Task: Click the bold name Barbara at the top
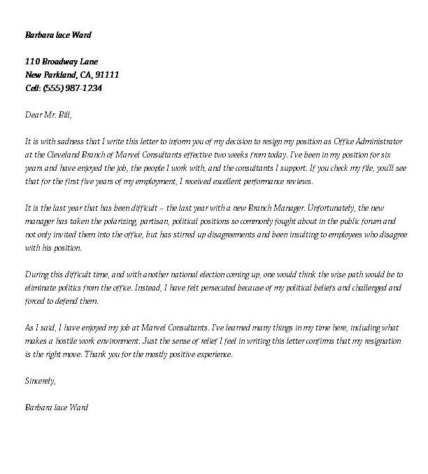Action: [40, 35]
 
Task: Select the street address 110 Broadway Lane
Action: [61, 62]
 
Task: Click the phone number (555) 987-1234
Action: [73, 88]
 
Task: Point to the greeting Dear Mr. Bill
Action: [48, 114]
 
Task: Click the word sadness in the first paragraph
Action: [72, 141]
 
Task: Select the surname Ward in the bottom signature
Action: [77, 407]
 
